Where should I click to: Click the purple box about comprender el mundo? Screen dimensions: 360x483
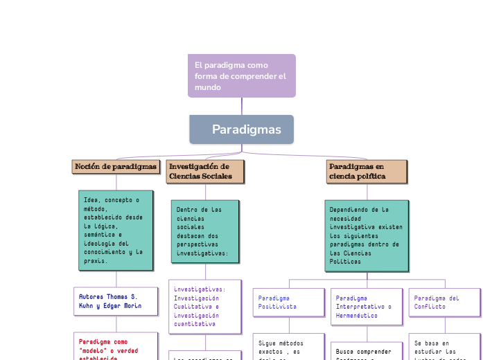pos(241,75)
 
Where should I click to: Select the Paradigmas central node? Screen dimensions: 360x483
pos(241,129)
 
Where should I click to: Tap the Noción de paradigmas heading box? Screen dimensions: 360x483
pos(116,167)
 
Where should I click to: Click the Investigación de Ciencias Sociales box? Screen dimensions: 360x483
pos(205,172)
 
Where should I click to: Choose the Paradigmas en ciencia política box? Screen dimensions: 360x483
pos(367,172)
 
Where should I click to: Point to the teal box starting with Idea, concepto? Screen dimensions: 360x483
pos(116,231)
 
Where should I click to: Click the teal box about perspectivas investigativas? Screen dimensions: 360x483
pos(205,231)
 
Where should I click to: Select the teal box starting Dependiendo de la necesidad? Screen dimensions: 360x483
pos(367,235)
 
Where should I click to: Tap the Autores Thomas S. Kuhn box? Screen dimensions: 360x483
pos(116,301)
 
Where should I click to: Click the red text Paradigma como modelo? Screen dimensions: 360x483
pos(116,347)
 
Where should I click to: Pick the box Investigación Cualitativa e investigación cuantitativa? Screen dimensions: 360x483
pos(205,306)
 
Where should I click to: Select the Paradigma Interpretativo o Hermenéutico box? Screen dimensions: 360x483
pos(366,306)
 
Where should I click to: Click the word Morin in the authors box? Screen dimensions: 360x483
pos(131,306)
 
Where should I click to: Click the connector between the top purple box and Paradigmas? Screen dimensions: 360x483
pos(241,106)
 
